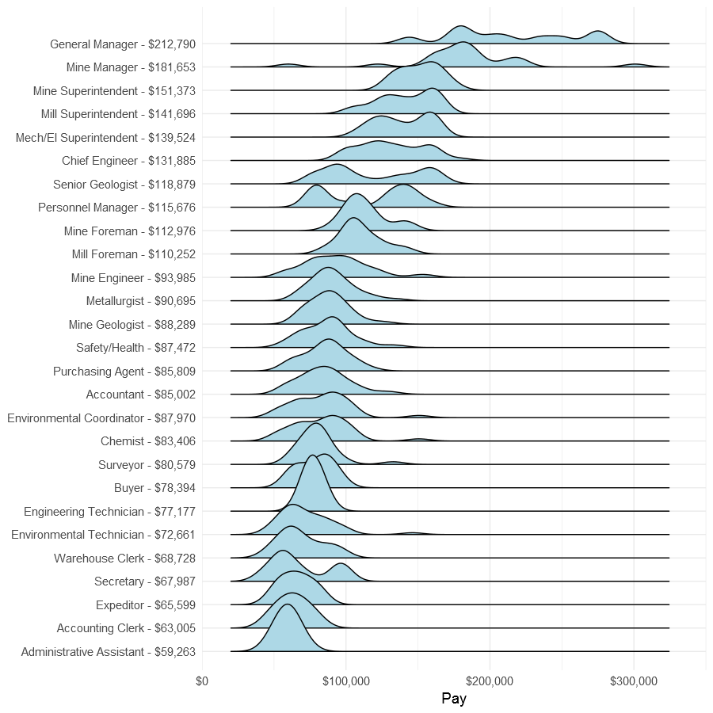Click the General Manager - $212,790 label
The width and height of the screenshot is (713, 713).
point(122,44)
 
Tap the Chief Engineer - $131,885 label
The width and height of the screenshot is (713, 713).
point(128,161)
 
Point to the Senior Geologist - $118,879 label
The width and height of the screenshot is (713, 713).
point(124,185)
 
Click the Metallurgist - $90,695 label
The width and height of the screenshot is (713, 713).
point(141,301)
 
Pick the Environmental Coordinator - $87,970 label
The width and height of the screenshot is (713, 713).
point(101,418)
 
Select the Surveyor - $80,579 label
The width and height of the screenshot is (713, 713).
point(147,464)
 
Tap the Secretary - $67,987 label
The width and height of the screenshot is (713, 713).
point(145,581)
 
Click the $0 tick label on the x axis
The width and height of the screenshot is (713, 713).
point(202,680)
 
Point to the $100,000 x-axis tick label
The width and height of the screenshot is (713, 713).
point(346,680)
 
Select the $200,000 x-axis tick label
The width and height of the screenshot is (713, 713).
point(490,680)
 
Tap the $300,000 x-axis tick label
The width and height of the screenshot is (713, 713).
point(634,680)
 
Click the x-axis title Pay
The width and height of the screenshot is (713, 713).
point(454,699)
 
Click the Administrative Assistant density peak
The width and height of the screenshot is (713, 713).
point(286,606)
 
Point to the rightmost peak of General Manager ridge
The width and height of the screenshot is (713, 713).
point(598,32)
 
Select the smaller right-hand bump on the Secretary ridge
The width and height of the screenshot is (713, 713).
point(341,565)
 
